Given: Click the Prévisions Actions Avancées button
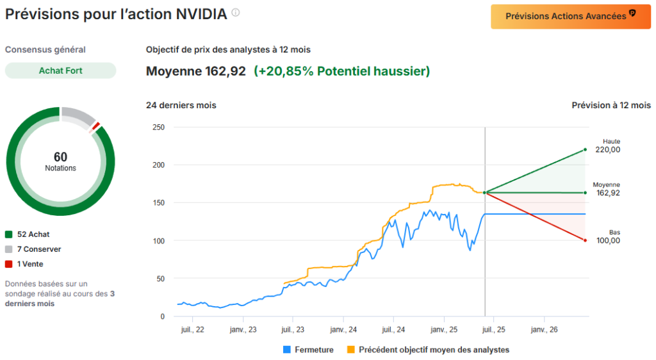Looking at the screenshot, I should pyautogui.click(x=570, y=17).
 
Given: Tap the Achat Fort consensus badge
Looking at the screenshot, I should pyautogui.click(x=60, y=70).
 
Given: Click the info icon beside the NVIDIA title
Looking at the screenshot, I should pyautogui.click(x=236, y=13).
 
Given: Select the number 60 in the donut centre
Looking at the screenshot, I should pyautogui.click(x=60, y=157).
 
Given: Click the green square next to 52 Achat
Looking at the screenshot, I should pyautogui.click(x=8, y=234).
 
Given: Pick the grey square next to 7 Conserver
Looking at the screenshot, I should pyautogui.click(x=8, y=249).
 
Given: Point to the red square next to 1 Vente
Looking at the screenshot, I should pyautogui.click(x=8, y=264).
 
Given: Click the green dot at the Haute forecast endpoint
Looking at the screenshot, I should pyautogui.click(x=585, y=150).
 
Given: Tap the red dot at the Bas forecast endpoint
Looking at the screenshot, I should pyautogui.click(x=585, y=240).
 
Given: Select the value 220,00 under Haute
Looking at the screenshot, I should pyautogui.click(x=607, y=150).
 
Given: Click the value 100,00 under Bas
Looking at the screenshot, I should pyautogui.click(x=607, y=241).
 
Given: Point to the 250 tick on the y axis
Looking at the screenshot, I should pyautogui.click(x=158, y=127).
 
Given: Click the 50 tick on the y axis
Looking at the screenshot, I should pyautogui.click(x=160, y=279).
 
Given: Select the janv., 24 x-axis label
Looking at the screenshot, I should pyautogui.click(x=343, y=330).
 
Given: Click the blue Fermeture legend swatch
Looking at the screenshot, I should pyautogui.click(x=286, y=350).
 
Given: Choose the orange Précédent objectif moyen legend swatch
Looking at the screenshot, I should pyautogui.click(x=350, y=350).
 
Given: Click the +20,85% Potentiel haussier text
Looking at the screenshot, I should pyautogui.click(x=341, y=71).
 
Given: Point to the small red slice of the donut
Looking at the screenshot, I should pyautogui.click(x=95, y=126).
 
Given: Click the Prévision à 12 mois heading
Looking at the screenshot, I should pyautogui.click(x=611, y=105).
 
